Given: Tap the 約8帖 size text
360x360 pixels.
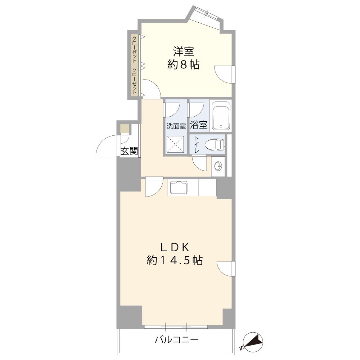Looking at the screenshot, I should click(x=183, y=65).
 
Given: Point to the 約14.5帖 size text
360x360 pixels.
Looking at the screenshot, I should click(x=175, y=260).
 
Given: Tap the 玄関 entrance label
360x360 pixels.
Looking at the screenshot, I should click(x=129, y=151).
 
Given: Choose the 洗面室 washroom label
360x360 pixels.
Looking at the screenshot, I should click(x=176, y=126).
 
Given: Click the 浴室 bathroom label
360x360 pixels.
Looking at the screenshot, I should click(x=198, y=125).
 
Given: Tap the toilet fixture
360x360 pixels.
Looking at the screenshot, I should click(x=215, y=145).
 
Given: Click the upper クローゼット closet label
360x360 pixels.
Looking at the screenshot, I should click(x=134, y=50).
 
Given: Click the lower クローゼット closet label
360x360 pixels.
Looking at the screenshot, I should click(x=134, y=81).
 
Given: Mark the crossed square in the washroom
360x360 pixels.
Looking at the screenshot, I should click(x=175, y=144).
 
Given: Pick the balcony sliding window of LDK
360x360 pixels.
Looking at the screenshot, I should click(x=176, y=327).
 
